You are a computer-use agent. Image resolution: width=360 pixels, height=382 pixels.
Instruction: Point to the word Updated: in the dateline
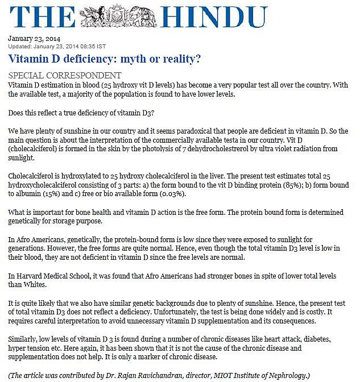tap(21, 46)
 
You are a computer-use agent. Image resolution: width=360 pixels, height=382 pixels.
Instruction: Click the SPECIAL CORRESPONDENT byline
tap(64, 75)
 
